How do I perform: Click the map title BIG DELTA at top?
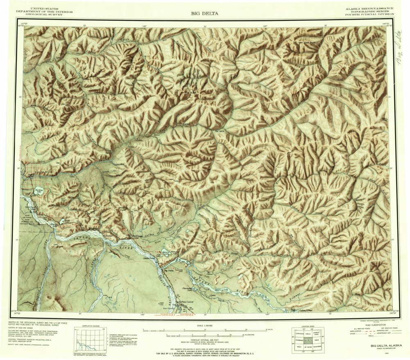[x=204, y=14]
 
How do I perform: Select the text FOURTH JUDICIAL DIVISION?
[x=369, y=14]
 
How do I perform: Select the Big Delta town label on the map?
[x=168, y=271]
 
